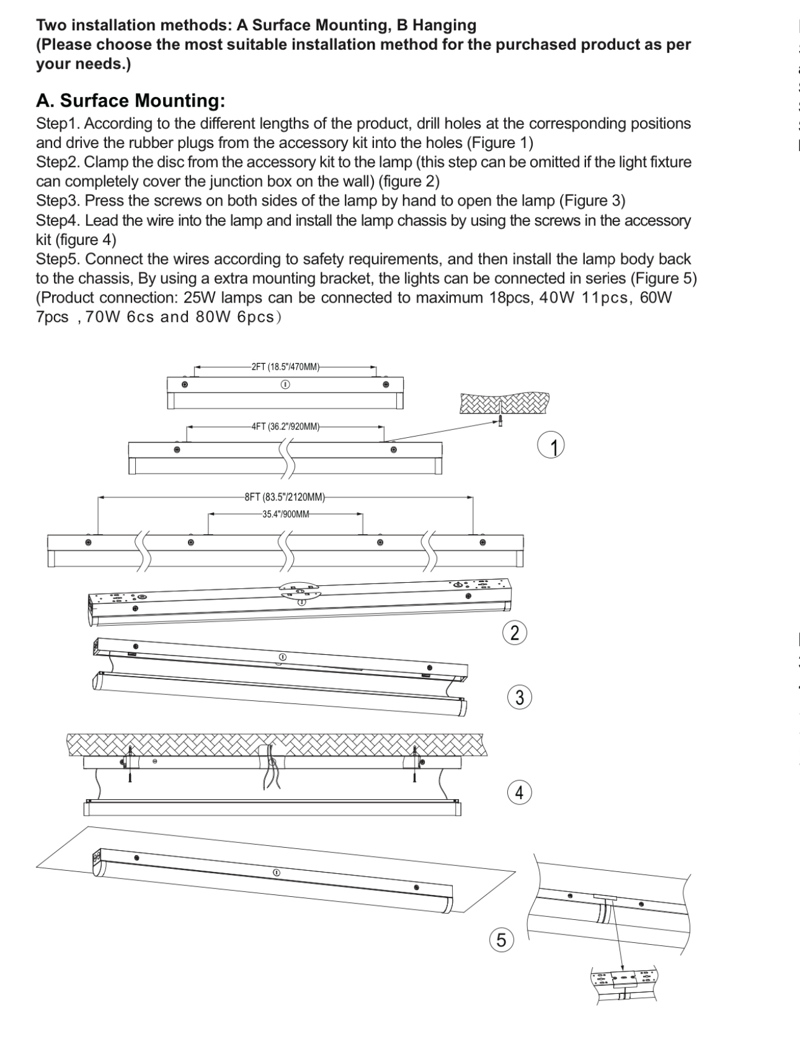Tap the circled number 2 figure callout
pyautogui.click(x=515, y=632)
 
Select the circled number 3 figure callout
pyautogui.click(x=519, y=697)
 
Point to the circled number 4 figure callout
pyautogui.click(x=519, y=792)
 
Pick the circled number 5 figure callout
pyautogui.click(x=501, y=939)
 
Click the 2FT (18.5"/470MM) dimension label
pyautogui.click(x=285, y=367)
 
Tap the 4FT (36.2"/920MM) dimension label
pyautogui.click(x=285, y=426)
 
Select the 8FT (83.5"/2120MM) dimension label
pyautogui.click(x=285, y=497)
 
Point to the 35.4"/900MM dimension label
pyautogui.click(x=285, y=514)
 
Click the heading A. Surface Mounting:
pyautogui.click(x=131, y=101)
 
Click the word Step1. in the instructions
pyautogui.click(x=58, y=124)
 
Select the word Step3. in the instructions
pyautogui.click(x=58, y=201)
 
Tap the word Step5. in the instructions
pyautogui.click(x=58, y=260)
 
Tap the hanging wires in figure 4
pyautogui.click(x=271, y=773)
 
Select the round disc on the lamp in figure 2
pyautogui.click(x=299, y=591)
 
